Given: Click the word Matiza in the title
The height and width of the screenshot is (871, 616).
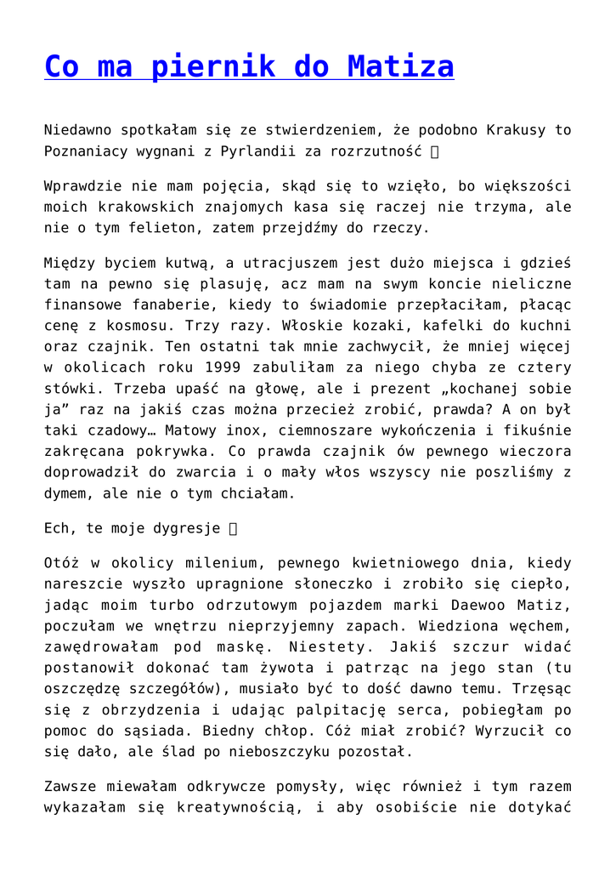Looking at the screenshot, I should point(400,66).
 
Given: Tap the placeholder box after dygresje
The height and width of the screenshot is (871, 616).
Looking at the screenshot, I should point(235,528).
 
